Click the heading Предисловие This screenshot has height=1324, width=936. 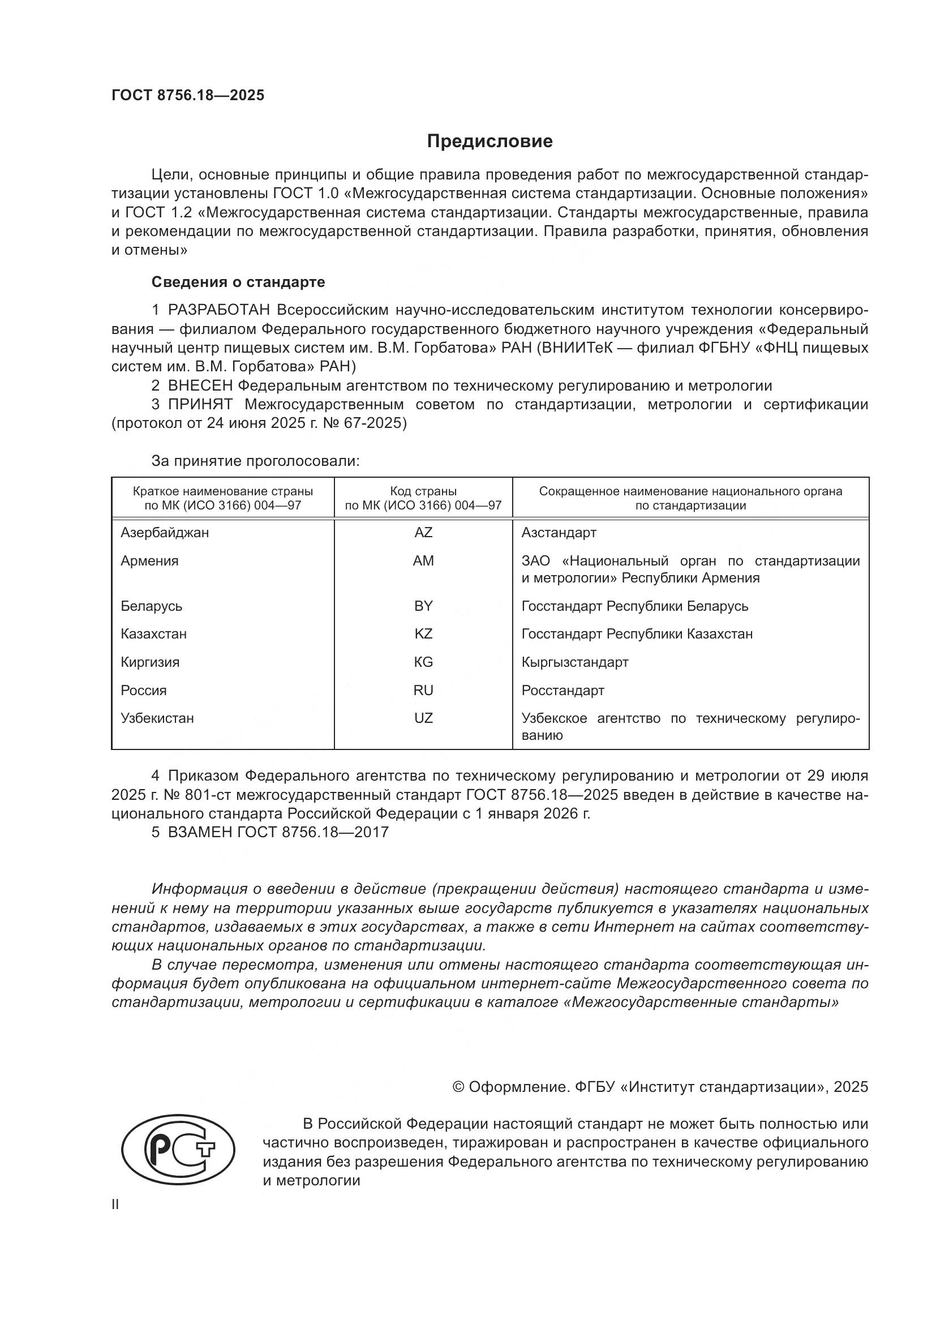pyautogui.click(x=490, y=142)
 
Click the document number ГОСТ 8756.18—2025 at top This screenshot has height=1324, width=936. pyautogui.click(x=188, y=95)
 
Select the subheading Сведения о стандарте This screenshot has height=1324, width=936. pyautogui.click(x=238, y=282)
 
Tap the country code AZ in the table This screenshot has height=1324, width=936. pyautogui.click(x=423, y=533)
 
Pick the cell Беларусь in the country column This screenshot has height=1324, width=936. pyautogui.click(x=152, y=606)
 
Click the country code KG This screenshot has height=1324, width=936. pyautogui.click(x=423, y=662)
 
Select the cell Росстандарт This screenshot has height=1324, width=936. pyautogui.click(x=563, y=690)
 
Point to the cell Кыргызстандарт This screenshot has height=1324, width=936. pyautogui.click(x=574, y=662)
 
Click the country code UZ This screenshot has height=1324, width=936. pyautogui.click(x=423, y=718)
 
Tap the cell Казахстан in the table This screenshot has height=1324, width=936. pyautogui.click(x=154, y=635)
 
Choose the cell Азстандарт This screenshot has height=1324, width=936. pyautogui.click(x=559, y=533)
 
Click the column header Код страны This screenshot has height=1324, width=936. pyautogui.click(x=423, y=492)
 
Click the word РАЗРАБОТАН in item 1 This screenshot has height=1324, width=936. pyautogui.click(x=219, y=310)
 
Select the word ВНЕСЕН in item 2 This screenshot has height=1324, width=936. pyautogui.click(x=200, y=386)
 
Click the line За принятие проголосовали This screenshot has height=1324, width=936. pyautogui.click(x=255, y=461)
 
